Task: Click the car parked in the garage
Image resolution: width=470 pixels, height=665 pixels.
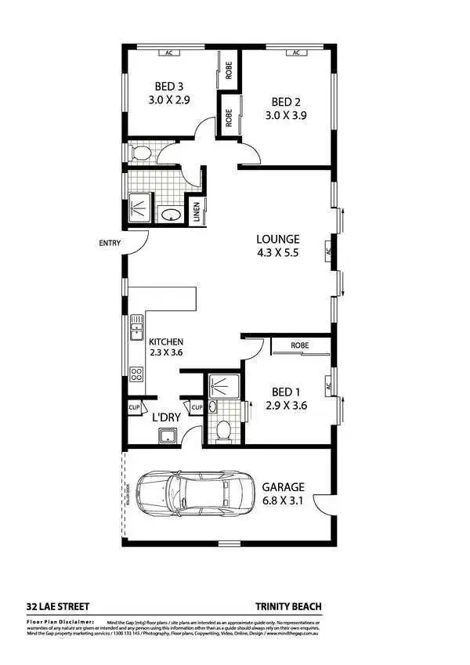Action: pos(197,494)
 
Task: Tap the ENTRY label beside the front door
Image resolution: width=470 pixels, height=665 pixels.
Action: pos(110,243)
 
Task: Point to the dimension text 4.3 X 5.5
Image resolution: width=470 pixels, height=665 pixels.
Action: pos(278,253)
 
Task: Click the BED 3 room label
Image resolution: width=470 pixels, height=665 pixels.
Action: pos(170,86)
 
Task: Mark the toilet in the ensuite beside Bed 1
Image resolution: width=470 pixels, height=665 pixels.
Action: pos(222,428)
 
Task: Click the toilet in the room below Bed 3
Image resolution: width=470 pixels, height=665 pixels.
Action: pos(140,151)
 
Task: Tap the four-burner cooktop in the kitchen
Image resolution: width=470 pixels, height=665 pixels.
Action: pos(136,374)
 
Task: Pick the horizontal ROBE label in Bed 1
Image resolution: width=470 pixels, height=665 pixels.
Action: pos(298,345)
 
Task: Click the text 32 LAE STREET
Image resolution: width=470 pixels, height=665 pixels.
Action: pos(58,605)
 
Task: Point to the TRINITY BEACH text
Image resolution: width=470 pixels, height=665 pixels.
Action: pos(288,605)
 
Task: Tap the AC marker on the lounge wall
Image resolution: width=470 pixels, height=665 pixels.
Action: pos(329,252)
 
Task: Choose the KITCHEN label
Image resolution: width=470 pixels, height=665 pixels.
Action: pos(166,342)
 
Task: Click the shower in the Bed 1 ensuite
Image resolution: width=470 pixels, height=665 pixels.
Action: pos(224,385)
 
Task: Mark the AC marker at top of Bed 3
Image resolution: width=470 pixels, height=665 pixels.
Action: pos(168,53)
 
